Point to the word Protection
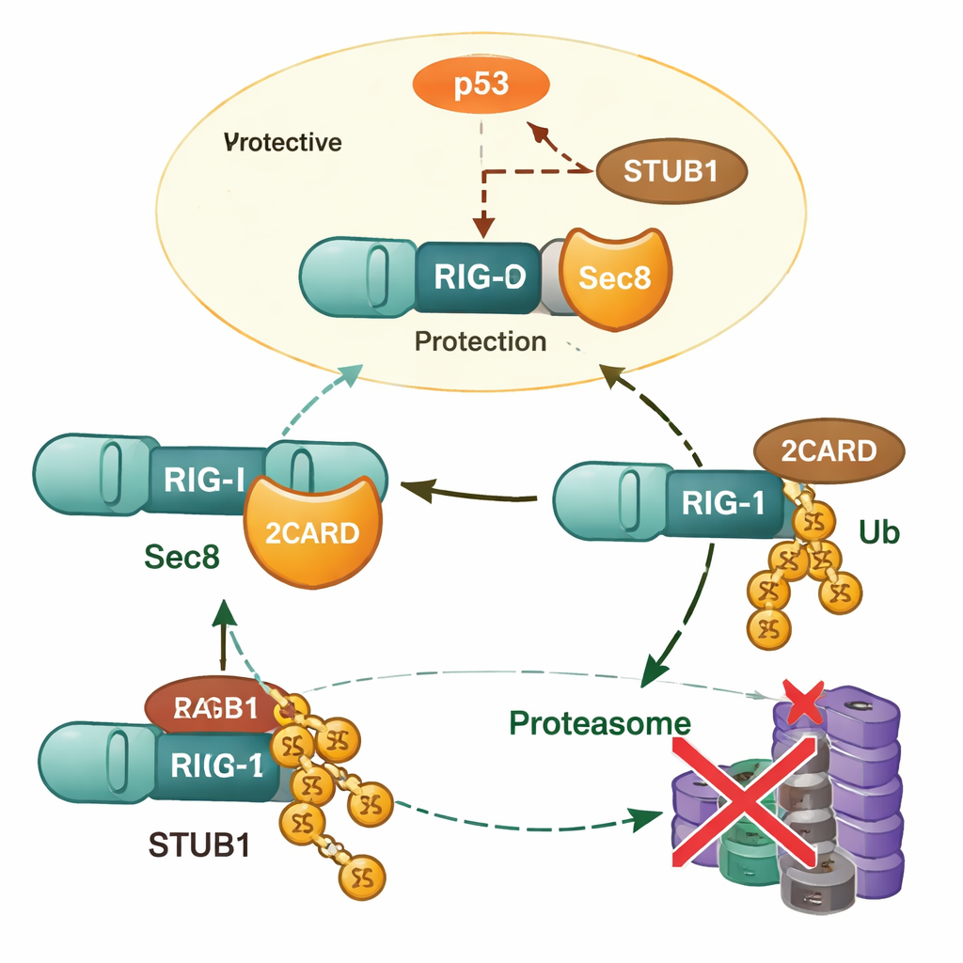[x=480, y=340]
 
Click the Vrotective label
[x=283, y=143]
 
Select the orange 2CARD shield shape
[x=312, y=530]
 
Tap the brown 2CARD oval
[x=829, y=451]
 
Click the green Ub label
[x=878, y=532]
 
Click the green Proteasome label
[x=600, y=723]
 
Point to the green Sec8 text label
[x=182, y=557]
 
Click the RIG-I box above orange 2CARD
[x=204, y=480]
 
